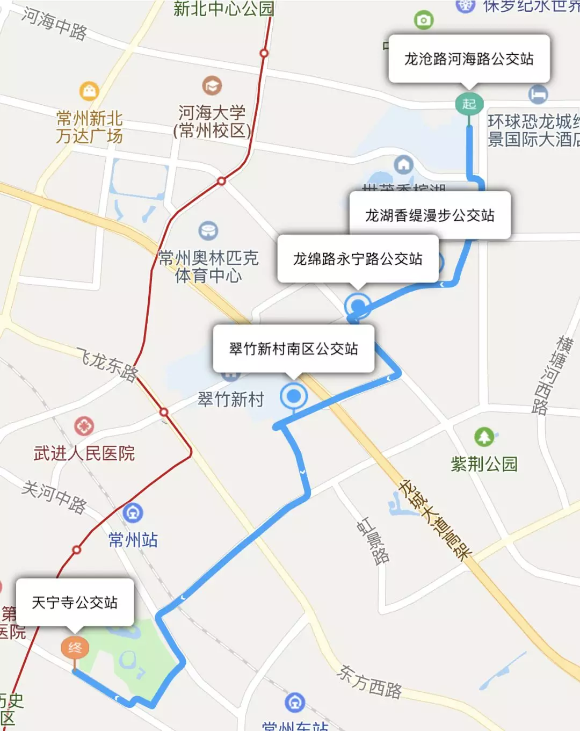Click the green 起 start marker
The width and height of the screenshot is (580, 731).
[x=469, y=104]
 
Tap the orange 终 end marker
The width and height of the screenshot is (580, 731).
[x=75, y=648]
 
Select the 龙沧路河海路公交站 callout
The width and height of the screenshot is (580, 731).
[x=469, y=59]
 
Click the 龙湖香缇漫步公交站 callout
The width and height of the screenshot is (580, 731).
[x=430, y=215]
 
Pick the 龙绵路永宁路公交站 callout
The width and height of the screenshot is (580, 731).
[x=358, y=259]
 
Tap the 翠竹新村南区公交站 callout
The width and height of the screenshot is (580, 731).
[x=293, y=349]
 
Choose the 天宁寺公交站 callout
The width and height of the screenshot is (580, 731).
[x=75, y=602]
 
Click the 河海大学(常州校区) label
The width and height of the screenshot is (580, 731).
[x=212, y=122]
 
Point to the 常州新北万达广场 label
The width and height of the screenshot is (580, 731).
[x=89, y=127]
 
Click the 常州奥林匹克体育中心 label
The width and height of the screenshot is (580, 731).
[x=208, y=266]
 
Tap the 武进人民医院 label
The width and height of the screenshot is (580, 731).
[x=84, y=453]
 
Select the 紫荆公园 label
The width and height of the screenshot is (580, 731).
[x=484, y=464]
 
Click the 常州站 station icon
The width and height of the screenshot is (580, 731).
[x=133, y=513]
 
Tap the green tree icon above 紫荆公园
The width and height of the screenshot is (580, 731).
[x=484, y=437]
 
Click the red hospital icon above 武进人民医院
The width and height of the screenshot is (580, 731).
[x=84, y=426]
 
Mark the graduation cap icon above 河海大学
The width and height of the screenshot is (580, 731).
[x=212, y=85]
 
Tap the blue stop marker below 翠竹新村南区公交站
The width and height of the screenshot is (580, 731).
[x=293, y=397]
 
